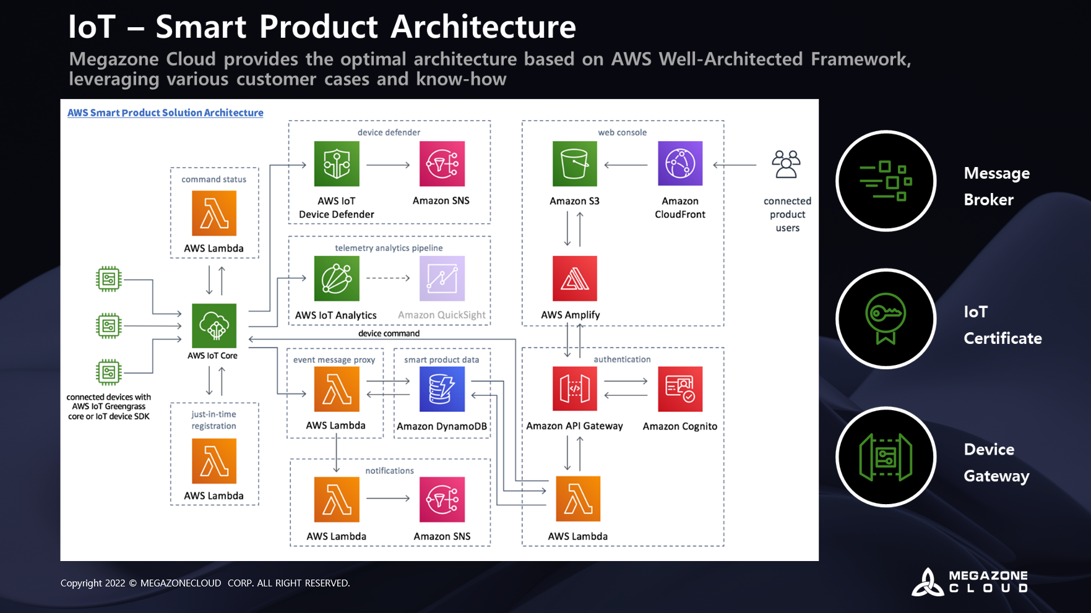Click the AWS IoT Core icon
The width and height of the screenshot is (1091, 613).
coord(214,326)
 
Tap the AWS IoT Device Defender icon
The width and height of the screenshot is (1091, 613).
coord(337,164)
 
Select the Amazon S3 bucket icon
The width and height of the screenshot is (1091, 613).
coord(575,164)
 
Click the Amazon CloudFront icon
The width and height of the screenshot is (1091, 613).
coord(680,164)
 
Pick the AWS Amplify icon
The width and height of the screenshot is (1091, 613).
coord(575,278)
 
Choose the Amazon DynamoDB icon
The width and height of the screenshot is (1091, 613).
coord(442,389)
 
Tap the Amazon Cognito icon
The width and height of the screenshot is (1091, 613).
coord(680,389)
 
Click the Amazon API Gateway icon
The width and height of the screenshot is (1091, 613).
coord(575,389)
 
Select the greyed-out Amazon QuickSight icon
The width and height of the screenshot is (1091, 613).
coord(442,278)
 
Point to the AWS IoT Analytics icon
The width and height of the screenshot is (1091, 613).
coord(337,278)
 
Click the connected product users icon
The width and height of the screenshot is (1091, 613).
coord(787,165)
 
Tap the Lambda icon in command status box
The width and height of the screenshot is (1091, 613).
coord(214,213)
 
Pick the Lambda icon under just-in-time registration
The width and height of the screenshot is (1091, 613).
coord(214,461)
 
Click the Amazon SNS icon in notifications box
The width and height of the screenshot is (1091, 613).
coord(442,500)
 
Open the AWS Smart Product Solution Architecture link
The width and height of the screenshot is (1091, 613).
coord(165,113)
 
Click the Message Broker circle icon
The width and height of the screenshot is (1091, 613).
coord(886,181)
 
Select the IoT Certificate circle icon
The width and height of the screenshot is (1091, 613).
coord(886,319)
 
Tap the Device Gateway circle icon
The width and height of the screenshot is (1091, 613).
coord(886,457)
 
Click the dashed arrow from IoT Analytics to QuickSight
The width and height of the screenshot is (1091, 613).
coord(388,278)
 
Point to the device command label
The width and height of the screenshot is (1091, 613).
coord(389,333)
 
